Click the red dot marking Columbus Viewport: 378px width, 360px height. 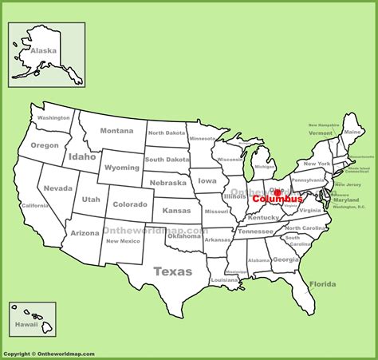[x=278, y=192]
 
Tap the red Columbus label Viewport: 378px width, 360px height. [x=278, y=200]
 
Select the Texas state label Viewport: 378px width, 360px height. [x=172, y=271]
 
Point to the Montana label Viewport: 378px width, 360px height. [x=116, y=131]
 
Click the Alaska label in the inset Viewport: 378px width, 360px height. [x=43, y=50]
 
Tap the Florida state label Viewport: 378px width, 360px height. [x=322, y=284]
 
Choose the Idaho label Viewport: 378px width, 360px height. [x=82, y=157]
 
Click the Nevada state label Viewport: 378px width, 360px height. [x=58, y=188]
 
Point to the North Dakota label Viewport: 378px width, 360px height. [x=165, y=133]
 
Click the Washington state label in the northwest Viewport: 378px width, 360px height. [x=53, y=118]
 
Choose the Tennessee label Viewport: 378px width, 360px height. [x=255, y=231]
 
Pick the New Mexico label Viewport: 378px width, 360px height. [x=123, y=241]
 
